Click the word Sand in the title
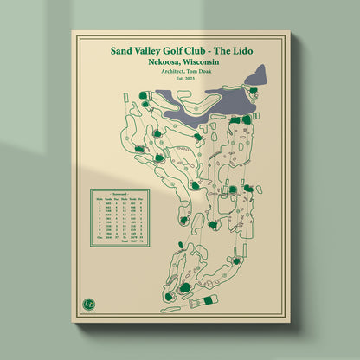(x=123, y=50)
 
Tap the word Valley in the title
(x=153, y=50)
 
